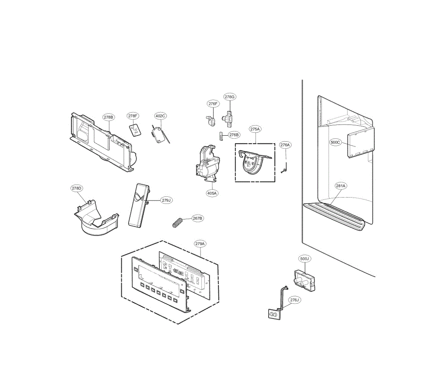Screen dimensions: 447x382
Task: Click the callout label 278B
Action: (108, 117)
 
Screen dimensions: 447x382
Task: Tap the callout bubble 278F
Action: (133, 116)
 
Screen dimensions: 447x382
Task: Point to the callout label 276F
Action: (213, 104)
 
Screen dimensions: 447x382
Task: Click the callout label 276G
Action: (230, 97)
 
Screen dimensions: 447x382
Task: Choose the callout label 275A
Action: (255, 129)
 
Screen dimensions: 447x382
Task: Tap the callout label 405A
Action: (212, 193)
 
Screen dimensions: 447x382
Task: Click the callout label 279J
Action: (166, 201)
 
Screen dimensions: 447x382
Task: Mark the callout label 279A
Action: (200, 244)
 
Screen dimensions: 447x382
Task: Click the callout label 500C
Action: (335, 142)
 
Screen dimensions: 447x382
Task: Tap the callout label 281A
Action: (340, 186)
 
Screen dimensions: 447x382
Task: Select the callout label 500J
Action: (305, 258)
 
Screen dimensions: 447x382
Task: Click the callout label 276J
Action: (294, 300)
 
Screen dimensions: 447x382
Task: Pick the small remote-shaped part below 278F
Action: (134, 130)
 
